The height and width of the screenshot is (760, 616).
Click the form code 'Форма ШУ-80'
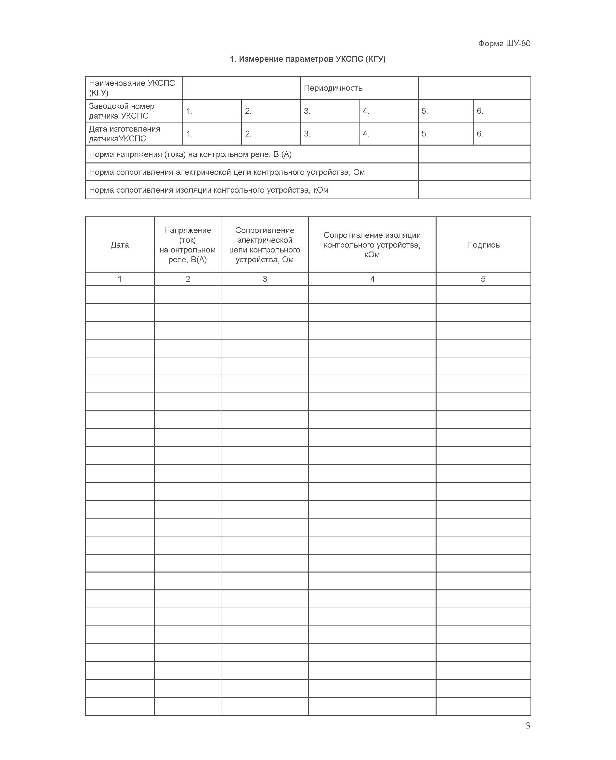point(504,43)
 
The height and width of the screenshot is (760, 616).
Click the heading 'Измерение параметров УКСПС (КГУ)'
point(308,59)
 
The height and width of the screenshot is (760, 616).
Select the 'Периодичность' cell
point(333,88)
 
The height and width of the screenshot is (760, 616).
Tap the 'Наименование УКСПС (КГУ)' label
point(132,88)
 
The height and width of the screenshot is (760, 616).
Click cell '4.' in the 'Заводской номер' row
point(366,111)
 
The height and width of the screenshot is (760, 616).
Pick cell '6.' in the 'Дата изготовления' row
point(480,134)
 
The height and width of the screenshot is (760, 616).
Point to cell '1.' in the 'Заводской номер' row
point(190,111)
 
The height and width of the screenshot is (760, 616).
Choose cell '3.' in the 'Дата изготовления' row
point(307,134)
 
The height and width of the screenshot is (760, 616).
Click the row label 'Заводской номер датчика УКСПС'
point(121,111)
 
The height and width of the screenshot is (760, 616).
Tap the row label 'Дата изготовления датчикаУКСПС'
point(124,134)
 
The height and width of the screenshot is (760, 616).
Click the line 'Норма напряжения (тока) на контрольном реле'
point(190,154)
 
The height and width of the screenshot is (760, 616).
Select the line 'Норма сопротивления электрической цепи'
point(227,172)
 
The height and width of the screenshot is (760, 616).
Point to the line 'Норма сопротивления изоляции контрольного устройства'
point(209,190)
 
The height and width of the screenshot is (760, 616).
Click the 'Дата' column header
point(120,245)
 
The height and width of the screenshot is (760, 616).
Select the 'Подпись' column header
point(483,245)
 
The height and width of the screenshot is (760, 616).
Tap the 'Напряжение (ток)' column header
point(187,245)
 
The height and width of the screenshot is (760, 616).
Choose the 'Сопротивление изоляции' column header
point(372,245)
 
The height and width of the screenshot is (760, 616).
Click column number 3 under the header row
point(265,279)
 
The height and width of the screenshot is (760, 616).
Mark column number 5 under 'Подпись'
point(483,279)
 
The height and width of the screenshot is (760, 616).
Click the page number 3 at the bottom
point(528,726)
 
